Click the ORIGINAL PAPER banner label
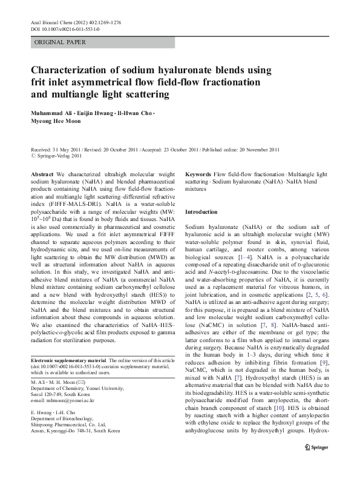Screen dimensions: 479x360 coord(61,42)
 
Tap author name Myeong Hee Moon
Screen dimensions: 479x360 coord(59,124)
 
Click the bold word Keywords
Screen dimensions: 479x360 coord(198,174)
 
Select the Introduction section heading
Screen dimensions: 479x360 coord(201,213)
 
